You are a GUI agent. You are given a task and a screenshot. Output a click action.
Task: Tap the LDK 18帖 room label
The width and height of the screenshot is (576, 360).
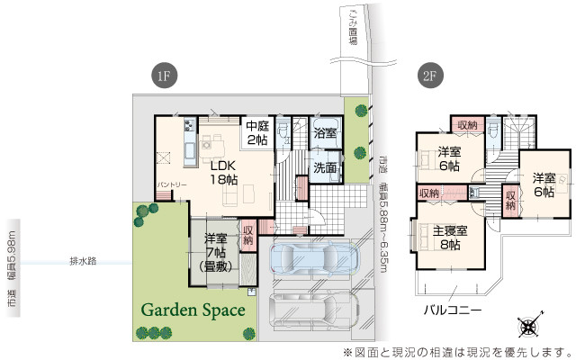coord(224,172)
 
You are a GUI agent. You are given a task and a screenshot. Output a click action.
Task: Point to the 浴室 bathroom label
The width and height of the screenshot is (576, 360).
coord(325,133)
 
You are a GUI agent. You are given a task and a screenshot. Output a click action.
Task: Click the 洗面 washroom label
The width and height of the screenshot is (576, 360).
coord(325,167)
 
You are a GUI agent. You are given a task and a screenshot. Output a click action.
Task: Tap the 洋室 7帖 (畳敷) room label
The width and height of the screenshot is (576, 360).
coord(213,253)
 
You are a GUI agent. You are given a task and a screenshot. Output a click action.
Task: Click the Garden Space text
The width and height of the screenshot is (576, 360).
coord(193,309)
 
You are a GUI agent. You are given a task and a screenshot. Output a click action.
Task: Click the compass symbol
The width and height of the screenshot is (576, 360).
coord(529,327)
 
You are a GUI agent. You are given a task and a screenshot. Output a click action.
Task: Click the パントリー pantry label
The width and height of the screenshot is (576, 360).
coord(172,185)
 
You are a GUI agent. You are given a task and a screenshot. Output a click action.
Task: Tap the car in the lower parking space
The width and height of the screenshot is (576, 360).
coord(311,310)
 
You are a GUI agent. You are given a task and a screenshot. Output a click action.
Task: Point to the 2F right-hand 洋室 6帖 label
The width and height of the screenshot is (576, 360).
coord(544,184)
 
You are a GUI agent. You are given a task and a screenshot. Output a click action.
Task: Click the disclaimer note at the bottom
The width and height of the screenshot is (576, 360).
coord(456,350)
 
